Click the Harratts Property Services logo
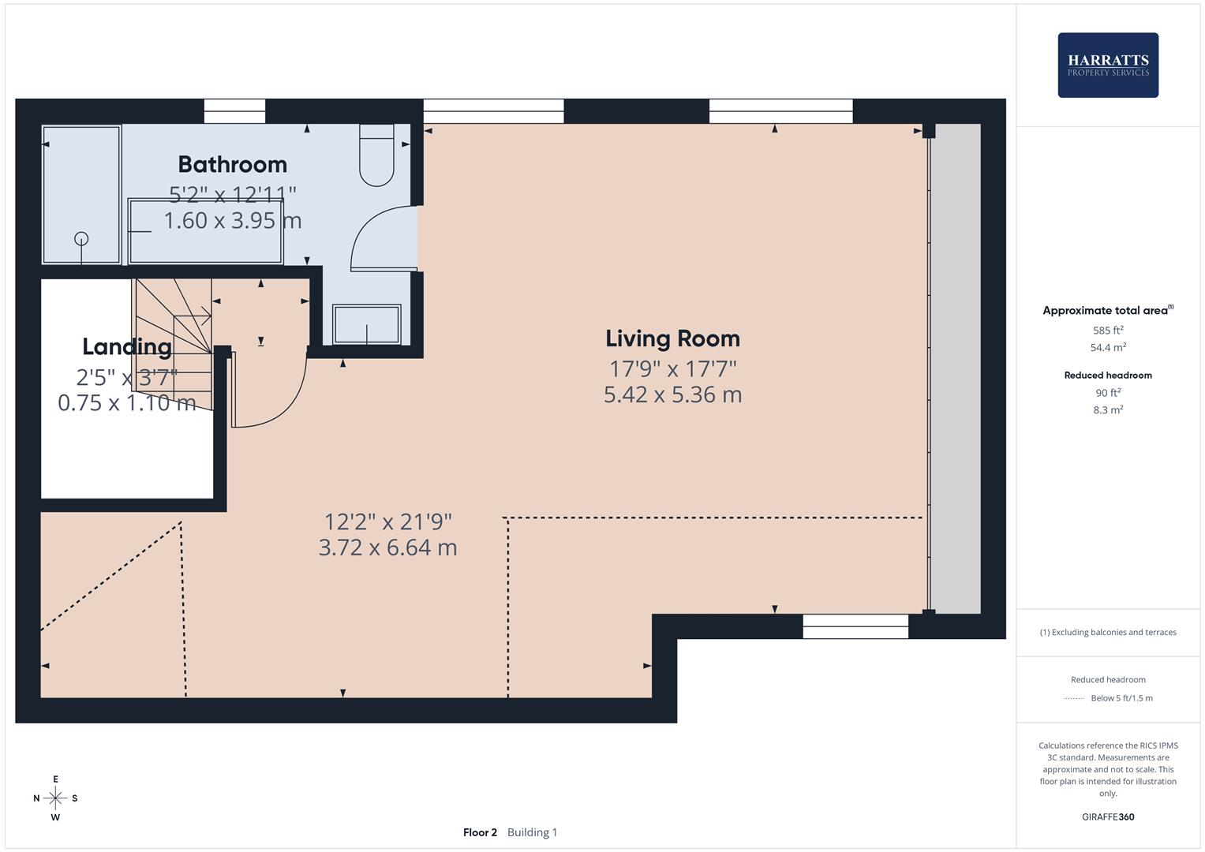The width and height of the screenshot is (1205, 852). click(x=1108, y=65)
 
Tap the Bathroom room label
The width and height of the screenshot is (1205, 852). click(x=232, y=165)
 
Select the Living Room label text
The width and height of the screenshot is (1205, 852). click(x=672, y=339)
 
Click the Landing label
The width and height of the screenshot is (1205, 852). click(x=127, y=347)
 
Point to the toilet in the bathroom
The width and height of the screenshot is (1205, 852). click(x=376, y=155)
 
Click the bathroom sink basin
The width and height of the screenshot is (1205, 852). click(x=366, y=323)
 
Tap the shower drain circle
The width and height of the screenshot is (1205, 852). click(x=81, y=238)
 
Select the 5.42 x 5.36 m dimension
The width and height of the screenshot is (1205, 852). click(x=672, y=394)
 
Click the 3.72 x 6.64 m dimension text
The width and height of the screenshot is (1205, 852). click(x=388, y=547)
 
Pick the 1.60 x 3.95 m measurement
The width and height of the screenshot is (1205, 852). click(x=232, y=221)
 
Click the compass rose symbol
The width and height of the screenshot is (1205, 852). click(x=55, y=798)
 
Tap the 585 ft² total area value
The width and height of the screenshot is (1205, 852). click(x=1108, y=331)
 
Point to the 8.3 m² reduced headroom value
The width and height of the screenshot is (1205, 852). click(x=1108, y=410)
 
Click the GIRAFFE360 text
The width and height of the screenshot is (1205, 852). click(x=1108, y=816)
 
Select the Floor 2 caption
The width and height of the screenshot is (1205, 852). click(x=480, y=832)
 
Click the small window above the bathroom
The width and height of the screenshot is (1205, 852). click(x=234, y=111)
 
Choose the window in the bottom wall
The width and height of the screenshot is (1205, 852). click(x=855, y=626)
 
